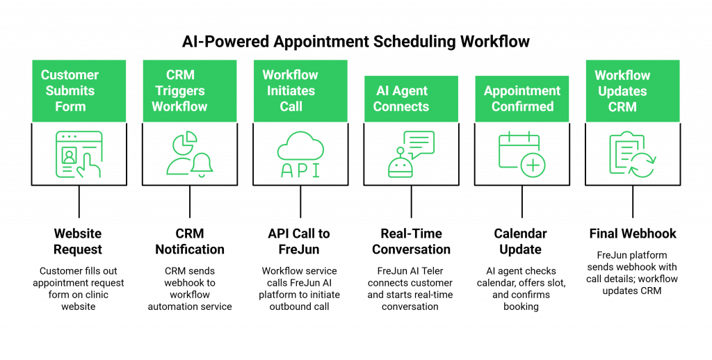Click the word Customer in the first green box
click(70, 75)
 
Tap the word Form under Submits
click(70, 107)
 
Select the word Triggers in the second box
click(180, 91)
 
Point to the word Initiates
click(291, 91)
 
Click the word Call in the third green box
click(291, 107)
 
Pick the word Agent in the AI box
click(411, 91)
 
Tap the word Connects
click(401, 107)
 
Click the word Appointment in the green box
click(522, 91)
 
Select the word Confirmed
click(522, 107)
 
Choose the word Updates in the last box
click(622, 91)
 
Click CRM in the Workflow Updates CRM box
click(622, 107)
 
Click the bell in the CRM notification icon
click(202, 165)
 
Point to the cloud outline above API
click(300, 145)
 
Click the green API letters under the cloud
click(300, 170)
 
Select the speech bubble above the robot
click(419, 142)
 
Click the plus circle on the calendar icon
click(533, 166)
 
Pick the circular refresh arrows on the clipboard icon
click(642, 165)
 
